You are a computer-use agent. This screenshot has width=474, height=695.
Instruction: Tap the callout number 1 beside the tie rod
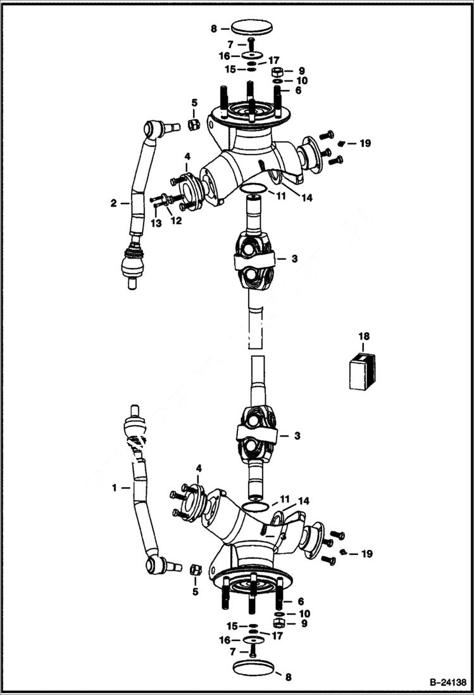(x=115, y=488)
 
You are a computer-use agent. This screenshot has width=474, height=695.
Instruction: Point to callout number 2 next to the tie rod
(x=113, y=203)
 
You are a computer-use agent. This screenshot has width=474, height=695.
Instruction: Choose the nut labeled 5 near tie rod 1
(x=196, y=569)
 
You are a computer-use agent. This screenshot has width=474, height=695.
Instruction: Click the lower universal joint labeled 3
(x=256, y=435)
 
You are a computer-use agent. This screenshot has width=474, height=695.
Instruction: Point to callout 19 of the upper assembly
(x=365, y=144)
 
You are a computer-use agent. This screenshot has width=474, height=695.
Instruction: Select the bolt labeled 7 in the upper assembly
(x=251, y=44)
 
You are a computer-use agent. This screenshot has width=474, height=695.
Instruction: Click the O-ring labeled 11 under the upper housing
(x=253, y=188)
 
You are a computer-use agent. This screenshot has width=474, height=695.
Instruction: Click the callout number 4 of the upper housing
(x=187, y=156)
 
